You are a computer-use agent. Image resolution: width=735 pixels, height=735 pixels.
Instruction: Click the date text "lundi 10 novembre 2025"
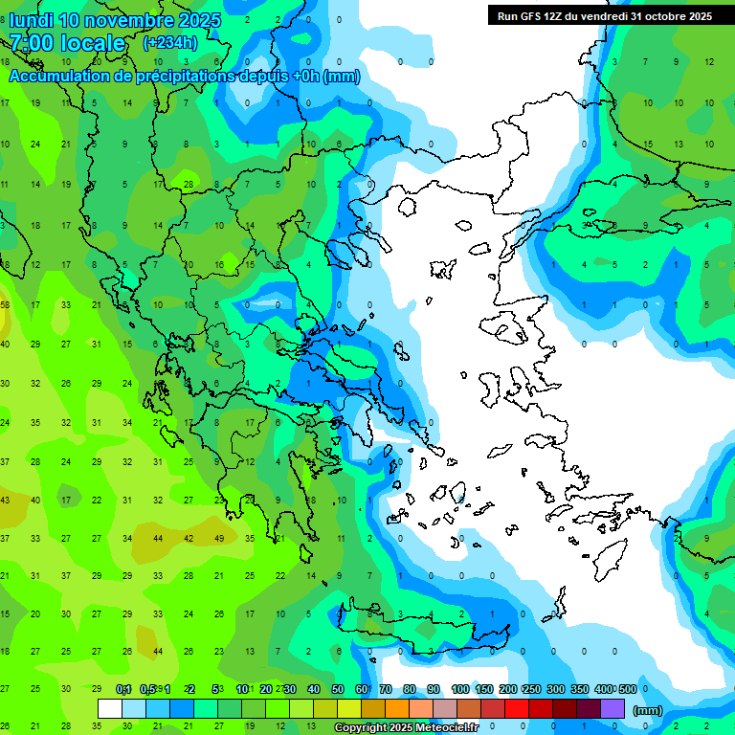115,20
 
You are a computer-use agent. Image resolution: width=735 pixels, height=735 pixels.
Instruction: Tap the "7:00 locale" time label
67,43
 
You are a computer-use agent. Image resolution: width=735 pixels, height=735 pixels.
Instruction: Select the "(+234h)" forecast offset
169,42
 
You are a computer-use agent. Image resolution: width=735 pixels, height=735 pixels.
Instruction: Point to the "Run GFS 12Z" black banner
604,15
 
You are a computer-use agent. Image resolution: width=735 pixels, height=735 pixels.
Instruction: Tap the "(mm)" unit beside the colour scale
648,710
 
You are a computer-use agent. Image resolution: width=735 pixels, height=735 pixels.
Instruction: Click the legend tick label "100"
460,689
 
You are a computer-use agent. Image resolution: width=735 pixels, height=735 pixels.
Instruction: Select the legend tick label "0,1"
123,689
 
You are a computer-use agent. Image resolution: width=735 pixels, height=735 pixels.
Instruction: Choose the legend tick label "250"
531,689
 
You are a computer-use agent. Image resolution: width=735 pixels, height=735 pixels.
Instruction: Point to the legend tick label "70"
386,689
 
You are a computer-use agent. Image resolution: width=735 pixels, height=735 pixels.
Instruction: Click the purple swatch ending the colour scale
612,708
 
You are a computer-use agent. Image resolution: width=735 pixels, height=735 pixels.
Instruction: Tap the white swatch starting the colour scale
110,708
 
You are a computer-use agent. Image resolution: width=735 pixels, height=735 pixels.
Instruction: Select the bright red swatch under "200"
517,708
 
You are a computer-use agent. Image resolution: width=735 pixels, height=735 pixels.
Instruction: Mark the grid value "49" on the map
219,538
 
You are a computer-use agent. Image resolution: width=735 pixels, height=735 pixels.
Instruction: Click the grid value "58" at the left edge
5,304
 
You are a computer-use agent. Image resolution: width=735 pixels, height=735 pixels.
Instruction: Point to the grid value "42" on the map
189,538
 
